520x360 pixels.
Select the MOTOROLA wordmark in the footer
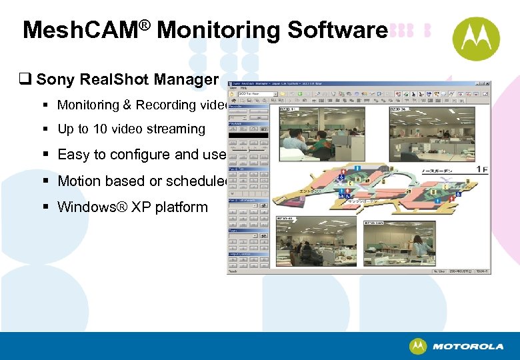[x=467, y=347]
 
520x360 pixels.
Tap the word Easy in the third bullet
[x=72, y=155]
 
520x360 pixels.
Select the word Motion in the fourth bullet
[x=77, y=181]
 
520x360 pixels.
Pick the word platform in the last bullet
[x=182, y=207]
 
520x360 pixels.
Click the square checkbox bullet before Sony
[x=28, y=80]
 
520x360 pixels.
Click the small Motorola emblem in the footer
[x=418, y=347]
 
